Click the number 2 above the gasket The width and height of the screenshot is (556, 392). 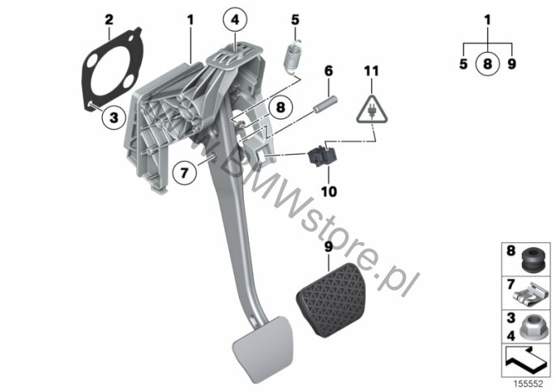(x=110, y=17)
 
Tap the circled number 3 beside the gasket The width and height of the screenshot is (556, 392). (x=113, y=117)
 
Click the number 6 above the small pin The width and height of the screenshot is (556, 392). (x=329, y=71)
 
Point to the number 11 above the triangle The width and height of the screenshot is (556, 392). (x=370, y=71)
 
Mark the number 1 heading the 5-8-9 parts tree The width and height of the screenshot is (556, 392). (x=487, y=18)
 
